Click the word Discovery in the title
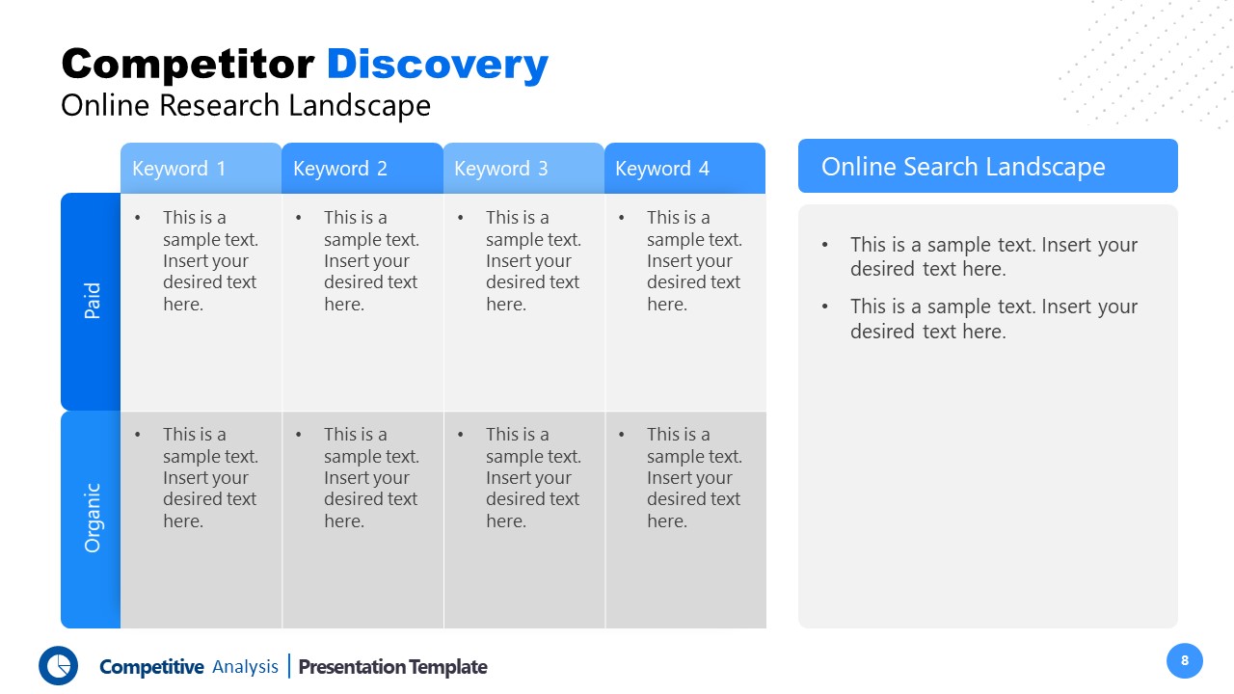(x=438, y=65)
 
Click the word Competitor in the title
(x=188, y=65)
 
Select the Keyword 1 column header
(x=201, y=169)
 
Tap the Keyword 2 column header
(x=362, y=169)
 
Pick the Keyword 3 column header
(x=523, y=169)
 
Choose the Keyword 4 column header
(x=684, y=169)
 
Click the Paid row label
(x=91, y=301)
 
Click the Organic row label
(x=91, y=519)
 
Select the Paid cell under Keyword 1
(x=201, y=301)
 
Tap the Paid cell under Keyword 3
(x=524, y=301)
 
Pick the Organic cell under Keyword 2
(x=362, y=519)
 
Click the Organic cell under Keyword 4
(x=685, y=519)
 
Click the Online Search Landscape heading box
(x=987, y=166)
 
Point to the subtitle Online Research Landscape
(x=246, y=105)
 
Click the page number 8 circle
(x=1185, y=660)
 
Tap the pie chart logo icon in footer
(x=58, y=665)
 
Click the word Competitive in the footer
(x=151, y=667)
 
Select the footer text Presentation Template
(x=392, y=667)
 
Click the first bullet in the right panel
(x=993, y=256)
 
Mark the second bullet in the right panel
(x=993, y=318)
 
